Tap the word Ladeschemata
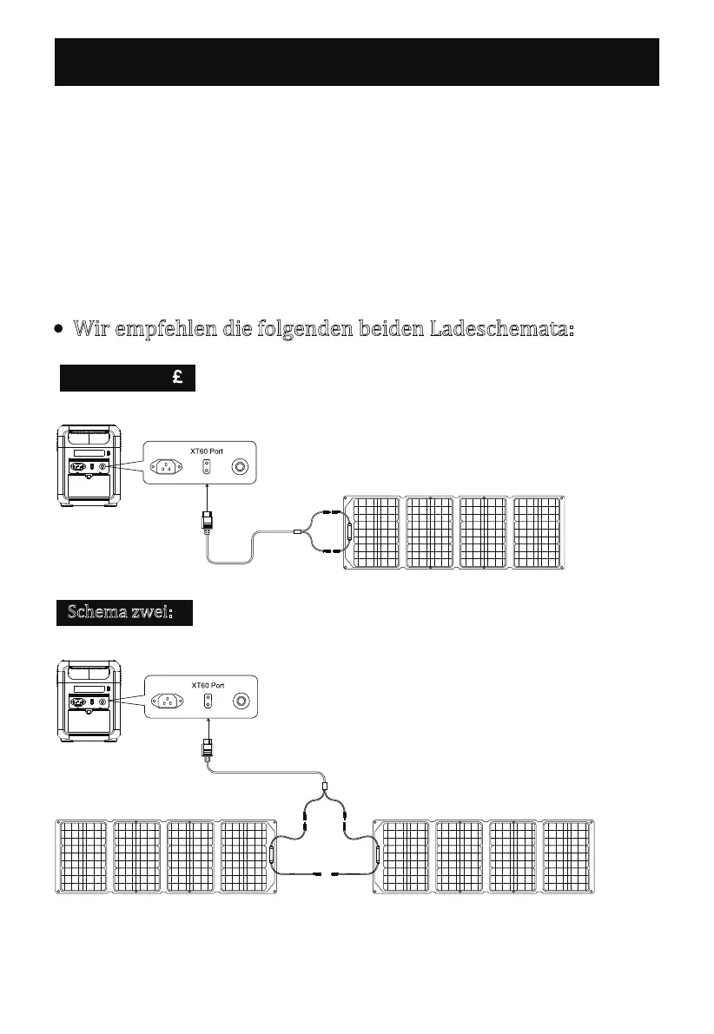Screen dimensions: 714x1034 click(x=502, y=330)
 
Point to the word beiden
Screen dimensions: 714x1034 click(x=382, y=330)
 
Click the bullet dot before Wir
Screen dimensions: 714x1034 click(x=57, y=331)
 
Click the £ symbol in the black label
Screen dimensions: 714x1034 click(x=176, y=378)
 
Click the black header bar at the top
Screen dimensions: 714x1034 click(x=356, y=62)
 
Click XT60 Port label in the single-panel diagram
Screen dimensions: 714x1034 click(x=208, y=451)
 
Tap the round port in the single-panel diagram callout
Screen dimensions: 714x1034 click(x=241, y=467)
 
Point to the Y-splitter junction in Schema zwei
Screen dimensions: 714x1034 click(x=324, y=792)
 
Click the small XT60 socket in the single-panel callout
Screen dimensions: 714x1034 click(x=207, y=467)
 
